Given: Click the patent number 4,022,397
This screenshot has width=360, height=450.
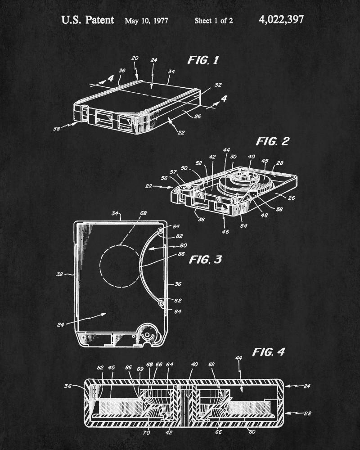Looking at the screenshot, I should [281, 19].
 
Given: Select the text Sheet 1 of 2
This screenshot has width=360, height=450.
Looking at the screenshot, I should [213, 21].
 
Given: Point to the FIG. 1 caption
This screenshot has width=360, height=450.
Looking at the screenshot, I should [203, 60].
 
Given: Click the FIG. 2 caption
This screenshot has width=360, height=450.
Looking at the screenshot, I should [272, 141].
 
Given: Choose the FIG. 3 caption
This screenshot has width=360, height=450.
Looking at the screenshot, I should [205, 259].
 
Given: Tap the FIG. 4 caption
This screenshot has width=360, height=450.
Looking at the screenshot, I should [268, 352].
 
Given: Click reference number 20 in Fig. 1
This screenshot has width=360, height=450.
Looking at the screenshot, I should [135, 58].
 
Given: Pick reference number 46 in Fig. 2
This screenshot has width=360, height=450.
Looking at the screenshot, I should [225, 232].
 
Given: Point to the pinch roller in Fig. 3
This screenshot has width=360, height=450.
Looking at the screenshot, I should [148, 336].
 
